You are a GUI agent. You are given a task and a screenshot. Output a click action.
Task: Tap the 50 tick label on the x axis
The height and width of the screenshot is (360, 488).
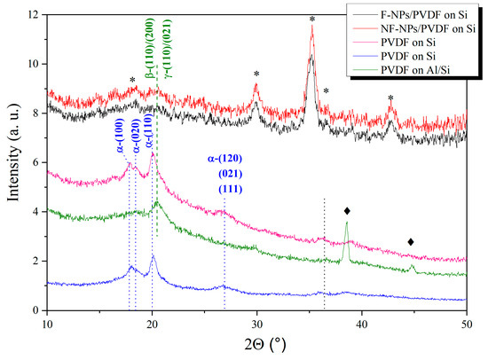tap(467, 325)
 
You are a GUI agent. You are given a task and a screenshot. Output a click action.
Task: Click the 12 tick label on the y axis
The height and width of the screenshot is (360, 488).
tap(33, 16)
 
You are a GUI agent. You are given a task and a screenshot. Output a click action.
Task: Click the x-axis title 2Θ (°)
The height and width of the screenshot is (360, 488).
tap(256, 346)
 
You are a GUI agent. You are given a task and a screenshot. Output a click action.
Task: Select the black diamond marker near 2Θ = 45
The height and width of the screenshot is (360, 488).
tap(411, 242)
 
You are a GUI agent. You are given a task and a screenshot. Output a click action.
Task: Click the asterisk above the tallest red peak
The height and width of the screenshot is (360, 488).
tap(311, 19)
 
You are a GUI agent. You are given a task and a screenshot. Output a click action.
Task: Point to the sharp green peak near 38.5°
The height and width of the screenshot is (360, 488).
tap(346, 224)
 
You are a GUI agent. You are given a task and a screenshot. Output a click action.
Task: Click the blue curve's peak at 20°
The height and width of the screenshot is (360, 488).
tap(153, 257)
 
